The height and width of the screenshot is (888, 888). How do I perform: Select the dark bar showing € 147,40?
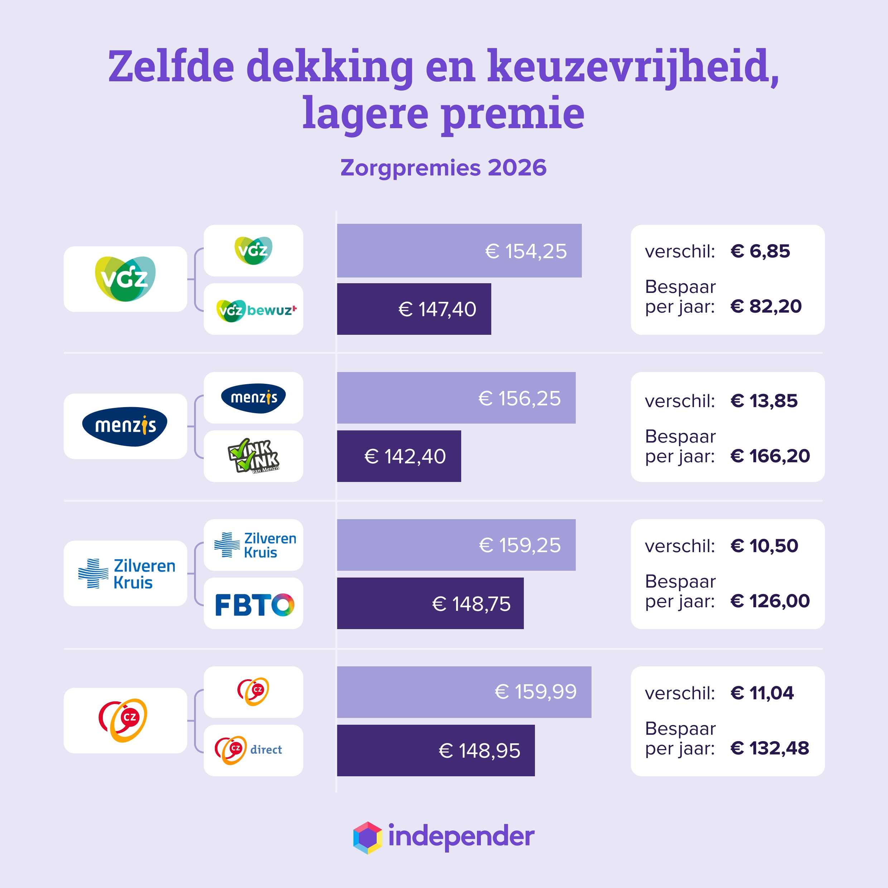414,309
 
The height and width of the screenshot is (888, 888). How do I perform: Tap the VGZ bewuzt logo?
256,310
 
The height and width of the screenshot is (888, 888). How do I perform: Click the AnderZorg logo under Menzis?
253,456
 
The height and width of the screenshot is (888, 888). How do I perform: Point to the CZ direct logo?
248,750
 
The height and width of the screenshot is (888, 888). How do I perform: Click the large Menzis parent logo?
125,426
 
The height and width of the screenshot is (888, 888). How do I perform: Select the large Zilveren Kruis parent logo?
126,573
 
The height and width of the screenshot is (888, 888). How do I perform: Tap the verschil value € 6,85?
760,251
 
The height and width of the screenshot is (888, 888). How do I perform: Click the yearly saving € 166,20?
770,455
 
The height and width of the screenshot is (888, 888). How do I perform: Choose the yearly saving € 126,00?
770,601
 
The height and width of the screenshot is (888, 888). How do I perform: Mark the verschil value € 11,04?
762,692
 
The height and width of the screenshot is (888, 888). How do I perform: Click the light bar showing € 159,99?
464,692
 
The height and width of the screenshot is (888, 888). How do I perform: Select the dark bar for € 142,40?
399,456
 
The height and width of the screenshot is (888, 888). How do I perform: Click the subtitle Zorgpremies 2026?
444,168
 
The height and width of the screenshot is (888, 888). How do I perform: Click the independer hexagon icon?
367,838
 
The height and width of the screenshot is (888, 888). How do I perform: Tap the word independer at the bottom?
461,836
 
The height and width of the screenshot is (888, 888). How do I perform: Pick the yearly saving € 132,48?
769,748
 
